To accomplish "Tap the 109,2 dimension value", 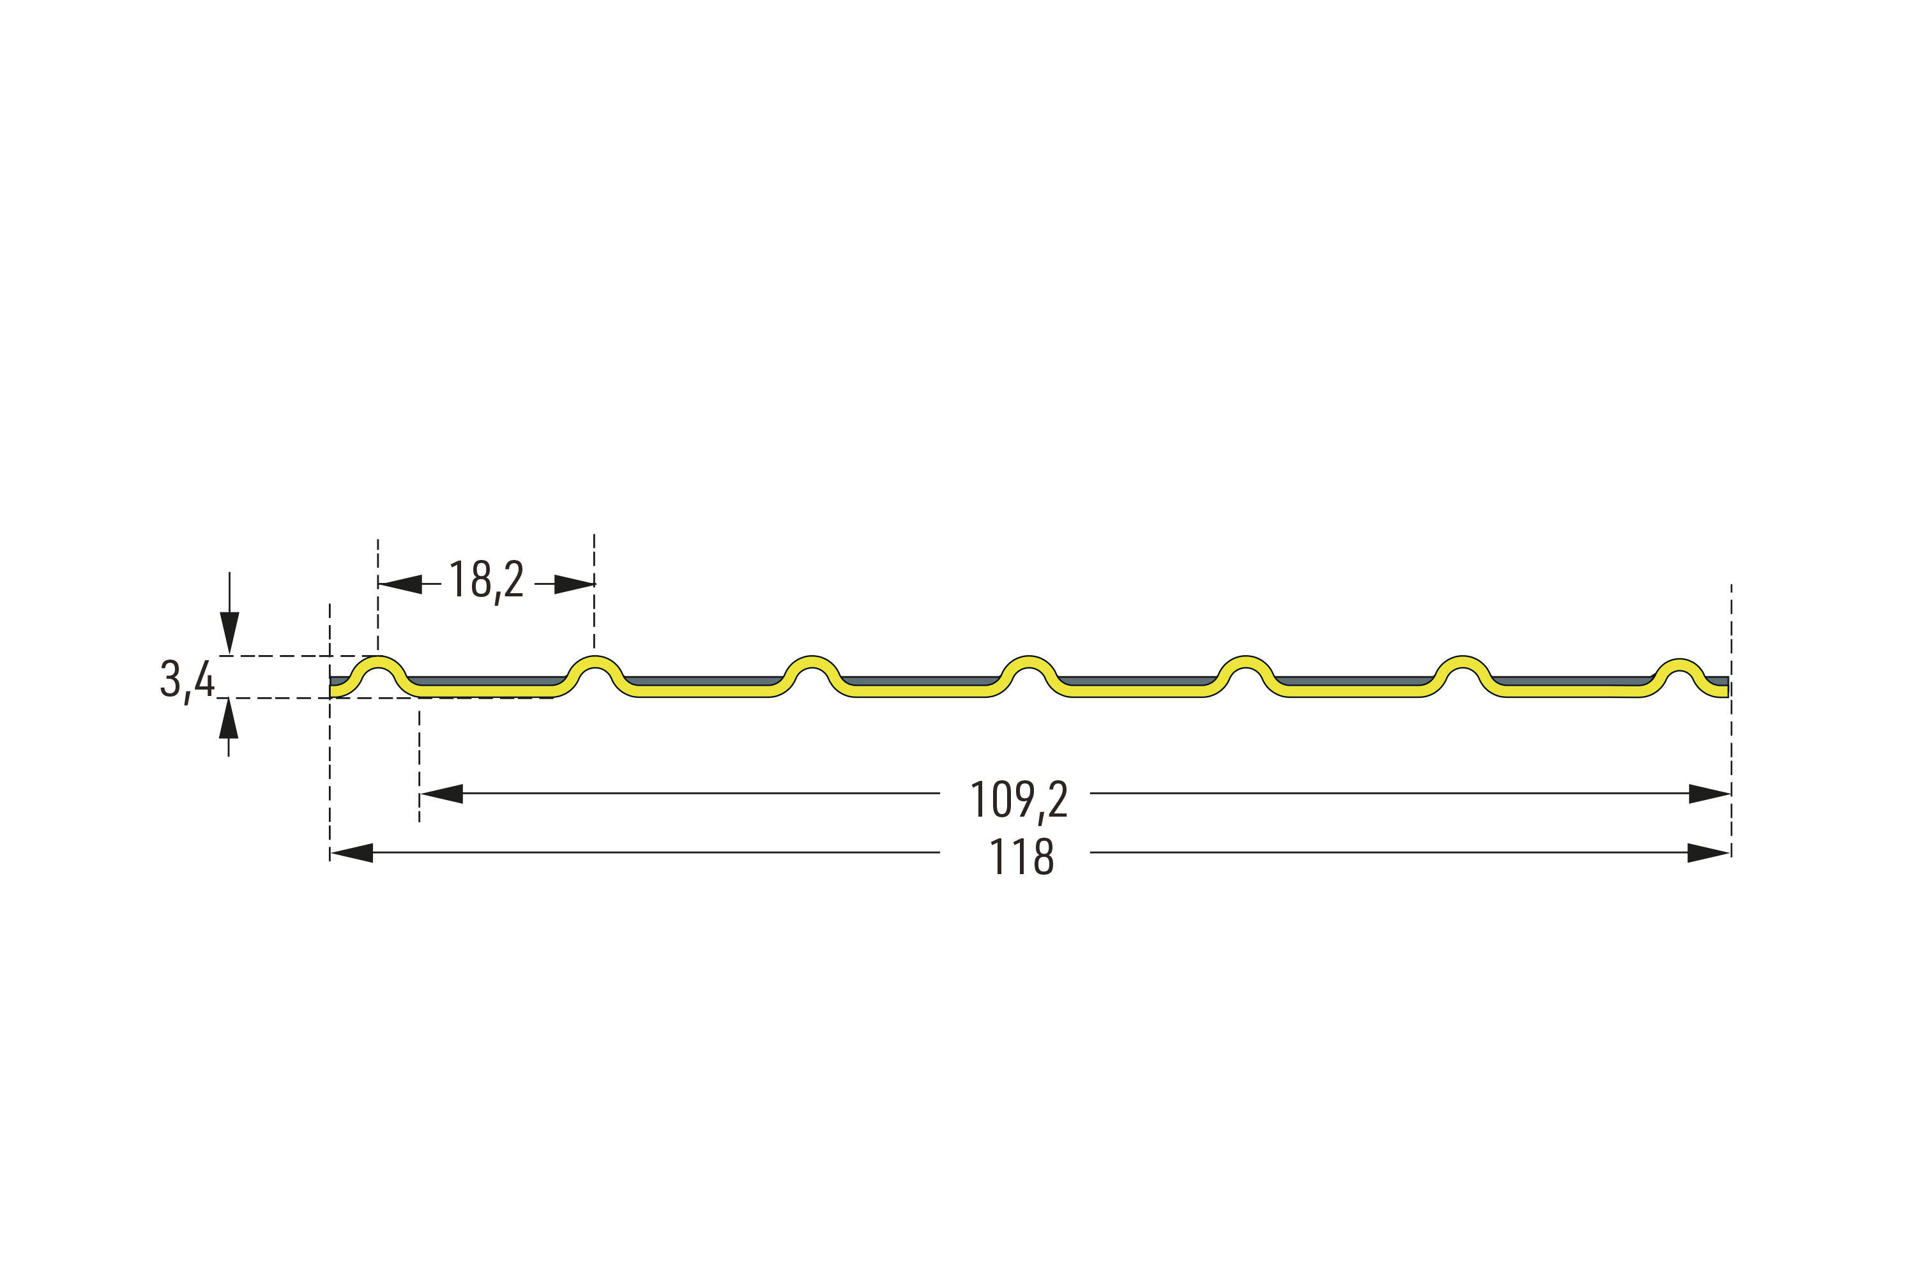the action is coord(1019,801).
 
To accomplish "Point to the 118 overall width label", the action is coord(1022,857).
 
